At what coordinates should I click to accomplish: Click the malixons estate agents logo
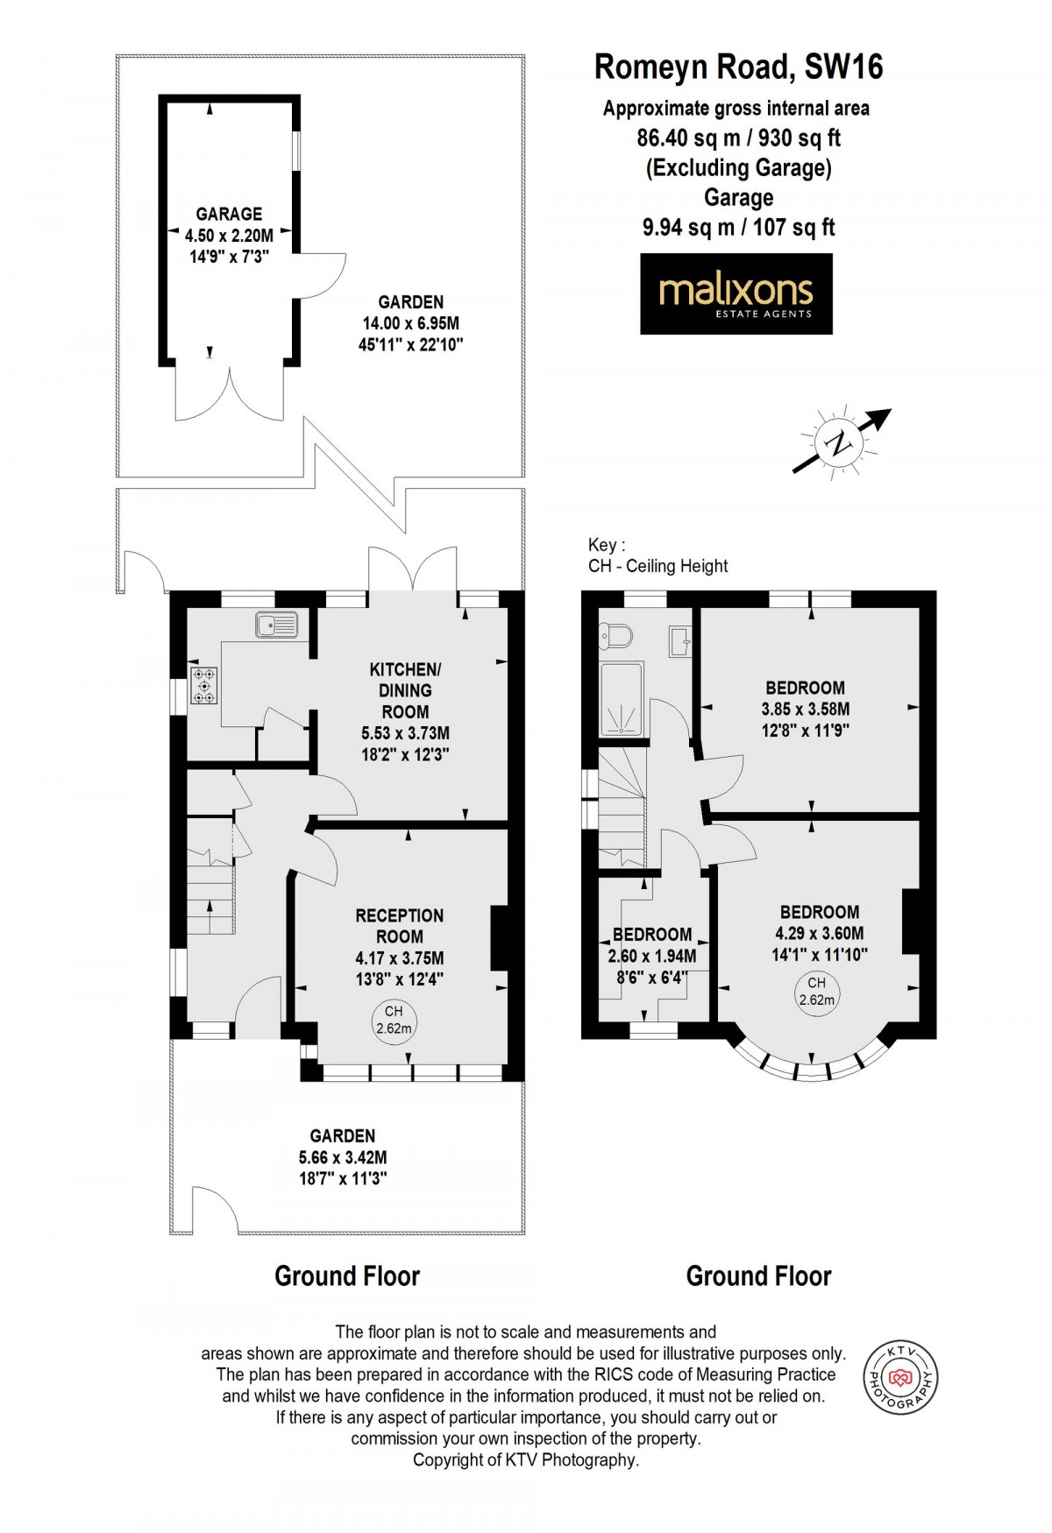(736, 293)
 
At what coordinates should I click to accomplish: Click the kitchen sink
(277, 625)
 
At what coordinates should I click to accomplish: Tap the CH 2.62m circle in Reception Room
(394, 1020)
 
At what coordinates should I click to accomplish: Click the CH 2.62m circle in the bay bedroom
(816, 991)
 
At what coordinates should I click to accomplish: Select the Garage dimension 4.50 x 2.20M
(229, 235)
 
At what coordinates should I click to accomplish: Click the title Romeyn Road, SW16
(738, 67)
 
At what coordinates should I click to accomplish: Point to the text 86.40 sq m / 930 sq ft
(738, 138)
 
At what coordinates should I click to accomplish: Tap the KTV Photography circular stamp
(900, 1378)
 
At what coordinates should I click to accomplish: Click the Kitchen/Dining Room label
(405, 690)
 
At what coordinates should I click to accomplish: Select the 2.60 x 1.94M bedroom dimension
(652, 956)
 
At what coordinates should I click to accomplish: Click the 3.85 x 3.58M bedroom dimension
(805, 709)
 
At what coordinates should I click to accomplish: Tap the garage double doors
(230, 393)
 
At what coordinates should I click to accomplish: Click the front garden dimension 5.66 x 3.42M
(343, 1156)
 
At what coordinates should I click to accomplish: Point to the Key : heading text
(608, 545)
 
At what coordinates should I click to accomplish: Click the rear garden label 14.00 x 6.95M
(410, 323)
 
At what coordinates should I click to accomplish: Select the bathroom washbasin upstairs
(680, 639)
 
